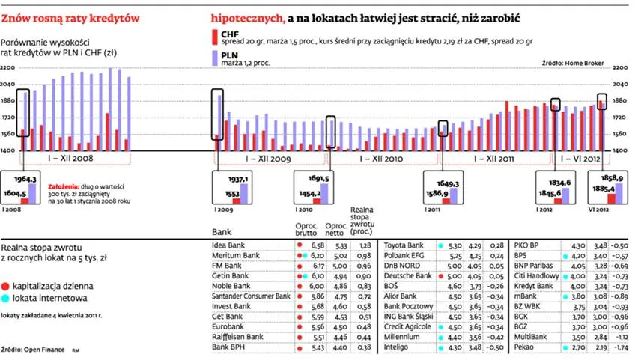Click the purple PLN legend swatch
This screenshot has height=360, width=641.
point(215,57)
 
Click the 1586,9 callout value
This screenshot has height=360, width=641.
point(438,193)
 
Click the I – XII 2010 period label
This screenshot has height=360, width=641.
point(381,159)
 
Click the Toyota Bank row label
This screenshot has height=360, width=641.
point(404,245)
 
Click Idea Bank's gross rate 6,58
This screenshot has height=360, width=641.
point(317,245)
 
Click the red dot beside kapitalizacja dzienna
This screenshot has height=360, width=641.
point(6,286)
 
